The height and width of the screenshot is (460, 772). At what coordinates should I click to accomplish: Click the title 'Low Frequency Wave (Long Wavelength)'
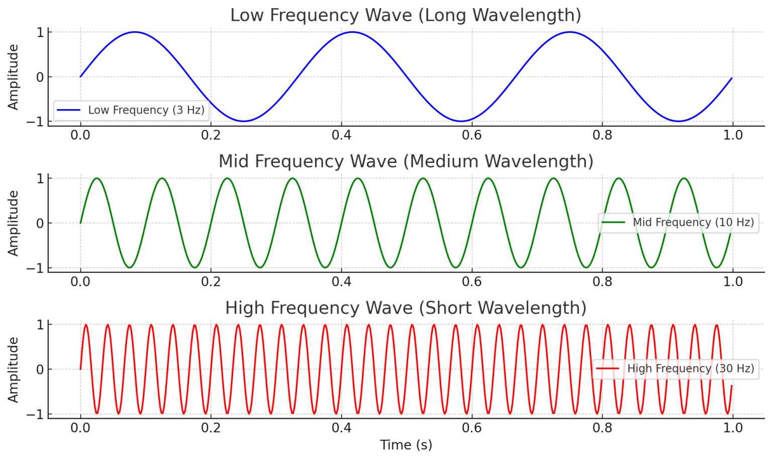point(406,15)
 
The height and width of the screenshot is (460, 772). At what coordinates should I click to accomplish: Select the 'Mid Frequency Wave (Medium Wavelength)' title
point(406,161)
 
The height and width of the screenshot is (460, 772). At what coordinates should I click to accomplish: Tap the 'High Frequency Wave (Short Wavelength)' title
point(406,308)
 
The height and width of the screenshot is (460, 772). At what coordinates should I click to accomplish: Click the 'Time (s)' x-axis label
point(406,445)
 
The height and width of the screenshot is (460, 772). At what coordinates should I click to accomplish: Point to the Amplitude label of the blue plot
point(13,77)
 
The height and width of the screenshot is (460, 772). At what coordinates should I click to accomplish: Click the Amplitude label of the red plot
point(13,370)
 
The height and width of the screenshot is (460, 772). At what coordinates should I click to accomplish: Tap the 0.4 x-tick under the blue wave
point(341,135)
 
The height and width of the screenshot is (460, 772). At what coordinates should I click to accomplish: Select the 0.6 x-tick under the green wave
point(471,282)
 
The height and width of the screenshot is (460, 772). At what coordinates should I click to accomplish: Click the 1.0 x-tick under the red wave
point(732,428)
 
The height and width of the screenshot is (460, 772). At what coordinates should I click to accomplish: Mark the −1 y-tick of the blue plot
point(37,122)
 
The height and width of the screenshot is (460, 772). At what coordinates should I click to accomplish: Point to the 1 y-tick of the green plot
point(40,178)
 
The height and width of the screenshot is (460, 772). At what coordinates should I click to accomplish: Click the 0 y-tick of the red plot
point(40,370)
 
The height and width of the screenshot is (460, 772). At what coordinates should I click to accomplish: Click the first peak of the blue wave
point(135,32)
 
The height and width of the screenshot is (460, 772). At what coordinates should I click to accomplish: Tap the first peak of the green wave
point(96,178)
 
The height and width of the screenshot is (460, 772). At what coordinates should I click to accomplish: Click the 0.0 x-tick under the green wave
point(80,282)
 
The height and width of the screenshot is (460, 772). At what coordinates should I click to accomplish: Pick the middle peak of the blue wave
point(352,32)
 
